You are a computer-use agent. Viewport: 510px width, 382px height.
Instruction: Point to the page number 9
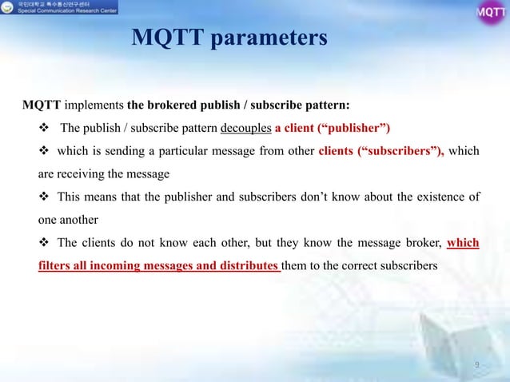tap(476, 366)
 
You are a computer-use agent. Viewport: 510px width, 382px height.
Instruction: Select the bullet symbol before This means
tap(45, 197)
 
